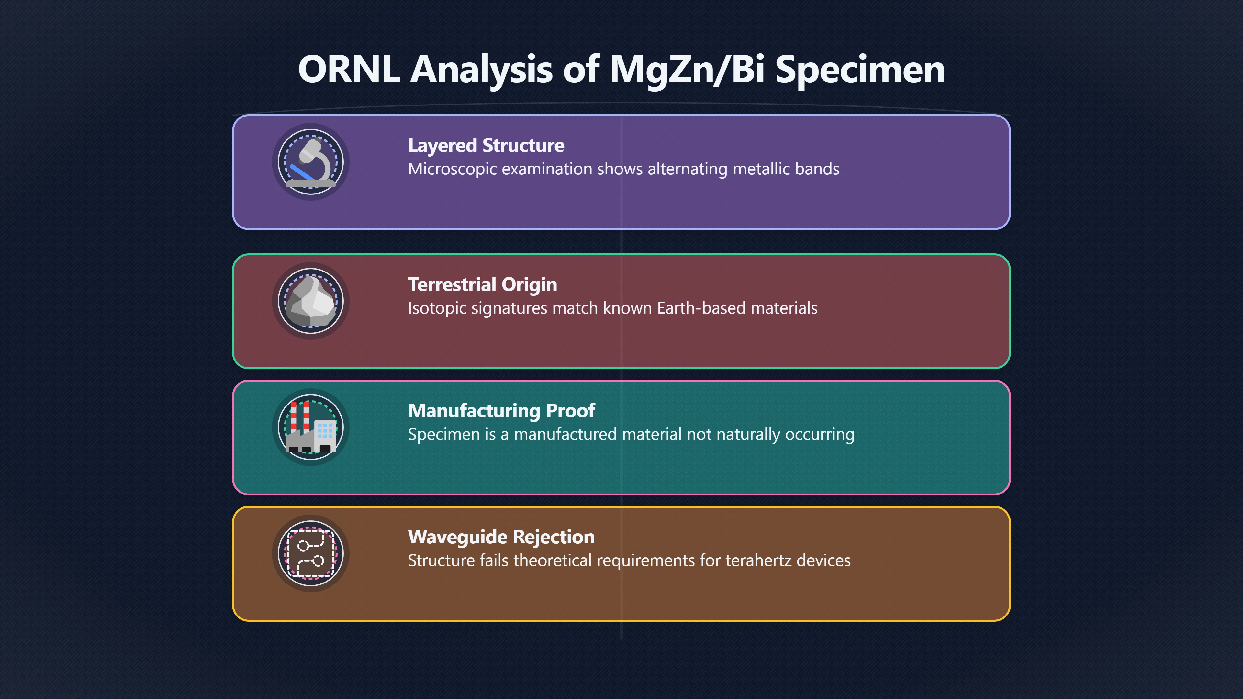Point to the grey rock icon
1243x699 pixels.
coord(311,301)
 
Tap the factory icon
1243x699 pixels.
coord(311,427)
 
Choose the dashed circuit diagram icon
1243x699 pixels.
coord(311,553)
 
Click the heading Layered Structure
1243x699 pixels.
coord(486,146)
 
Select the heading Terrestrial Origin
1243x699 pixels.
coord(483,285)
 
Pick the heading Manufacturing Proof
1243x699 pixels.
coord(501,411)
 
